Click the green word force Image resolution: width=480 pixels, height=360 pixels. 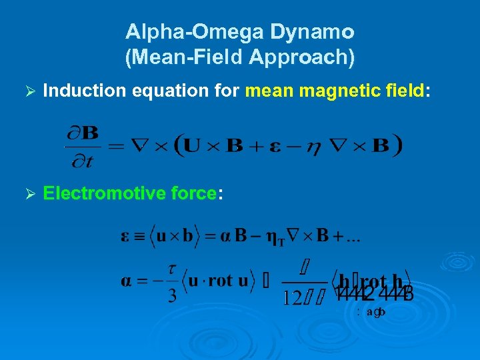pos(193,193)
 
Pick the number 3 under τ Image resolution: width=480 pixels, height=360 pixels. pos(173,295)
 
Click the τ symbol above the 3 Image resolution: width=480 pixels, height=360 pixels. pos(173,269)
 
